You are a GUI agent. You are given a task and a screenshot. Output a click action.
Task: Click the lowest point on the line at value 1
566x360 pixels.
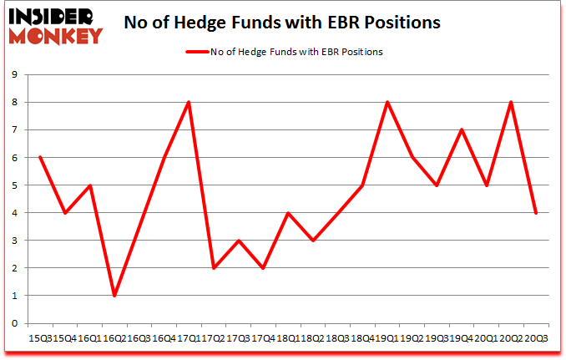114,296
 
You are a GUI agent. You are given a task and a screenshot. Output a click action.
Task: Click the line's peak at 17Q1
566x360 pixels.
190,102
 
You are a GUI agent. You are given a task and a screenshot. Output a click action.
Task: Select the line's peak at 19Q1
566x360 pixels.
387,102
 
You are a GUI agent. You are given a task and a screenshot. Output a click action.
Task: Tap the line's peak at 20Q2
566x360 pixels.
510,102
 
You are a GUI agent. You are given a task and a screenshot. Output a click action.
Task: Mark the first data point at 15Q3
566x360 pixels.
39,157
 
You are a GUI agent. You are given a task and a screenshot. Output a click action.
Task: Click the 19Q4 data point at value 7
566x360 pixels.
461,129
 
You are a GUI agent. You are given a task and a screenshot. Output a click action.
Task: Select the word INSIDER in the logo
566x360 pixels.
52,14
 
